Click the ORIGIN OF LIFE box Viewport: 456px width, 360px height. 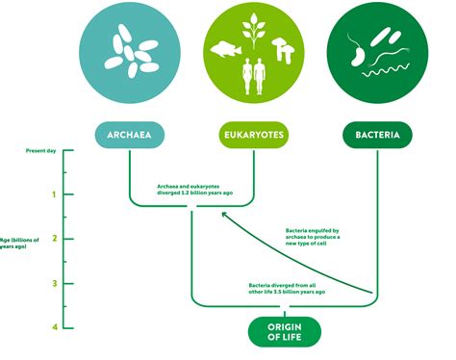coord(277,332)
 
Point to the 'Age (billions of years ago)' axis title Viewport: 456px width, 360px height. coord(20,243)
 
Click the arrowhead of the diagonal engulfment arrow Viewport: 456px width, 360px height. coord(225,215)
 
